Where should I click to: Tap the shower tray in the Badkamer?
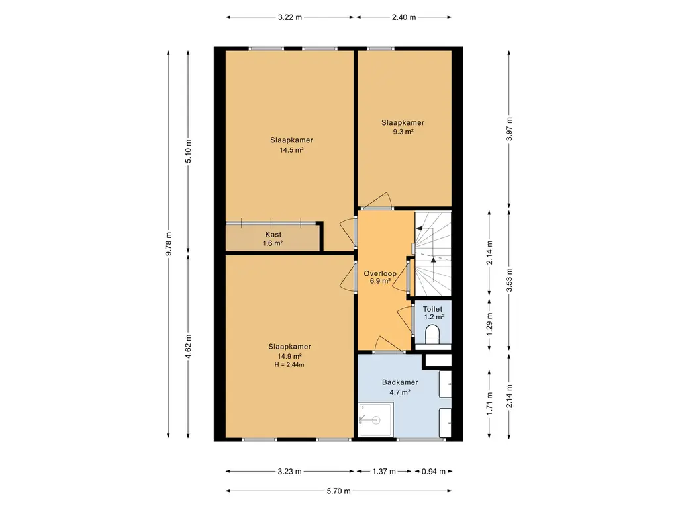(375, 419)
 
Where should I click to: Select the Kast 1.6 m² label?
(273, 239)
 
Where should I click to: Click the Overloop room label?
(380, 273)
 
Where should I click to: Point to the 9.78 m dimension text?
(169, 244)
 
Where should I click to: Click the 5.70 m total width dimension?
(338, 491)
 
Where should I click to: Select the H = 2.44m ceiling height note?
(289, 364)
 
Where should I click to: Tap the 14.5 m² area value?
(291, 150)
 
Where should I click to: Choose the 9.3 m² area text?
(403, 132)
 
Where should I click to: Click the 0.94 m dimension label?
(434, 471)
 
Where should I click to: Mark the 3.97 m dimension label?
(509, 129)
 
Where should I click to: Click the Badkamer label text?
(400, 382)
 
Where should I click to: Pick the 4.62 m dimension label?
(189, 347)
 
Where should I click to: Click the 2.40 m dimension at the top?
(404, 17)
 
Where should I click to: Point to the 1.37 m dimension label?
(384, 471)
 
